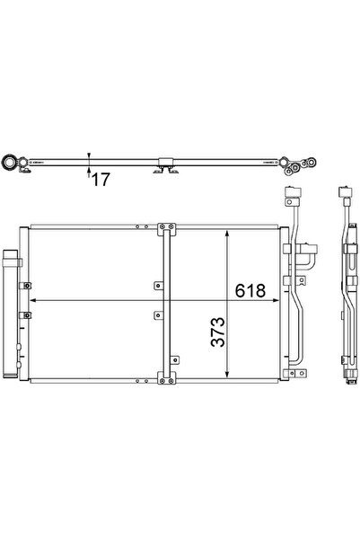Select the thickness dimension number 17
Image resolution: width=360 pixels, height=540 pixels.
[x=100, y=180]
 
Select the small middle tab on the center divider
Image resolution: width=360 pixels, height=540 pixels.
[x=158, y=314]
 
